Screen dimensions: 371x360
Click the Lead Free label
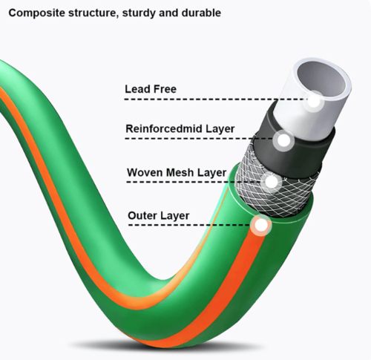pos(151,89)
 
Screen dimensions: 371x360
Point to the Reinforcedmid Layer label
pos(180,129)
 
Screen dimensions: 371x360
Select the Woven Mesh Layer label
pos(177,173)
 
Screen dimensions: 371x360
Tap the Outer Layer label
pos(159,216)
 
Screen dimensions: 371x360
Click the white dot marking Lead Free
pos(314,101)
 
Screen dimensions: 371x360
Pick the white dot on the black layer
pos(283,140)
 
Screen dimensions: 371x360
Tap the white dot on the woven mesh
pos(271,182)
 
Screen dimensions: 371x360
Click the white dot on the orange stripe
pos(261,225)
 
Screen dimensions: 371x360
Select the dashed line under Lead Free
pos(217,99)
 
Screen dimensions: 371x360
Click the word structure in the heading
pos(91,13)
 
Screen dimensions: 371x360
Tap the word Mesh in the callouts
pos(180,172)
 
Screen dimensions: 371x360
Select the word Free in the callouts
pos(165,89)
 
